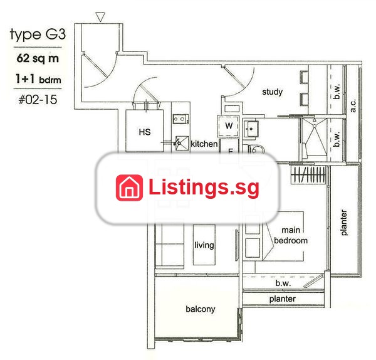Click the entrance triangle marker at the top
click(x=100, y=17)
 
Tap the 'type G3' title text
click(x=38, y=34)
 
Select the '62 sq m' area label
click(x=38, y=58)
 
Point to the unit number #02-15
click(x=38, y=99)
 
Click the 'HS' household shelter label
click(x=145, y=132)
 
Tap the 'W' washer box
click(x=228, y=126)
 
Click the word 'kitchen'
click(x=204, y=144)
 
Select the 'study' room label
click(x=272, y=92)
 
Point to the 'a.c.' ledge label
click(x=352, y=106)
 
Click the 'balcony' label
click(x=201, y=309)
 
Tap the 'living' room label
click(x=204, y=245)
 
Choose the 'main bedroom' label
click(x=291, y=235)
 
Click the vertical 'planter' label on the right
click(x=343, y=223)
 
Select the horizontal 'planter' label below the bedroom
click(x=282, y=299)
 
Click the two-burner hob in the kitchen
click(x=180, y=119)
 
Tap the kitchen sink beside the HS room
click(x=182, y=144)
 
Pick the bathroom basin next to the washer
click(x=251, y=129)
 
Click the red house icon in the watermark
click(x=129, y=188)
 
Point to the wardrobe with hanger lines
click(x=308, y=175)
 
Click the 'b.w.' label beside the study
click(x=337, y=92)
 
